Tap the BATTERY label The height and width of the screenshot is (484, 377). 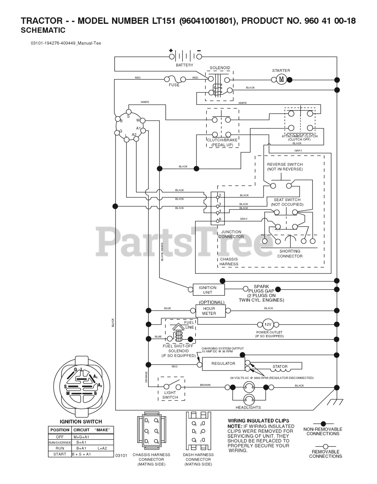(184, 65)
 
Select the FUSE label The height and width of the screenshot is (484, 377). (174, 85)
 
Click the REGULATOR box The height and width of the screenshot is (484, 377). (223, 364)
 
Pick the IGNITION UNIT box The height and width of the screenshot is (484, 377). (209, 290)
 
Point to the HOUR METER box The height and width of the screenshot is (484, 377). (209, 311)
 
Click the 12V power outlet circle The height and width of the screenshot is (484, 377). (267, 324)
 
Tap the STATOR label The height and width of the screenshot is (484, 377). (280, 366)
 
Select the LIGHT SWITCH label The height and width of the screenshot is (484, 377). (170, 395)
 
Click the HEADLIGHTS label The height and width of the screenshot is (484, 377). (248, 407)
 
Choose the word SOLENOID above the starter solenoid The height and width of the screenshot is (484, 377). (220, 68)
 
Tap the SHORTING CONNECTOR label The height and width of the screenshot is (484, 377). (290, 254)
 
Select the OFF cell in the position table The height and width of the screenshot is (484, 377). (60, 437)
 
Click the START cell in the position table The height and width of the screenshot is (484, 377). (60, 454)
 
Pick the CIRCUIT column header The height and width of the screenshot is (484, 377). (81, 430)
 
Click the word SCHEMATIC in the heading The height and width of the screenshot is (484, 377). (43, 31)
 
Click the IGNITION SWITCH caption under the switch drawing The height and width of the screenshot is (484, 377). (81, 422)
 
